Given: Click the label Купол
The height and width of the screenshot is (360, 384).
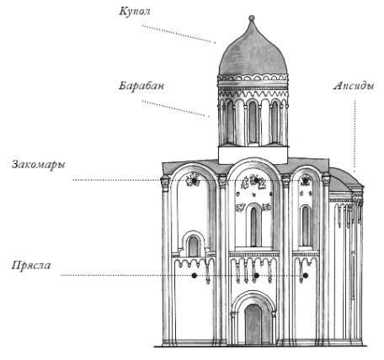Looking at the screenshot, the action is tap(135, 12).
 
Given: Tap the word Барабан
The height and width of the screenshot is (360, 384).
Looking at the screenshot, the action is tap(141, 86).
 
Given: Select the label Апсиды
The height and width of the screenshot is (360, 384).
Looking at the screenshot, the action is tap(354, 87).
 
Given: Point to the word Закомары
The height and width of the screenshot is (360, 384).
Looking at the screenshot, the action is tap(39, 165).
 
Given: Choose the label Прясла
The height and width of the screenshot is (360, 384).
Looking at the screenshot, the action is tap(31, 266).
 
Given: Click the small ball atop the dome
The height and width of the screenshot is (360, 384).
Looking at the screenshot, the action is tap(252, 18).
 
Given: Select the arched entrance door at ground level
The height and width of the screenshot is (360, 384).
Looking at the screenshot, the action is tap(253, 324).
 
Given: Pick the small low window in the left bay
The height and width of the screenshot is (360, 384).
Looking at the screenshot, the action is tap(193, 246).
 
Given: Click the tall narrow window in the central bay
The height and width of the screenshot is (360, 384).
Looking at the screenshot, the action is tap(253, 226).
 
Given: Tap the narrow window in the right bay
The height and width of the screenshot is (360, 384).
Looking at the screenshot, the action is tap(306, 226).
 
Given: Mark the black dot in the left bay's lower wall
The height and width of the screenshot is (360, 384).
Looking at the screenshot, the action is tap(194, 276).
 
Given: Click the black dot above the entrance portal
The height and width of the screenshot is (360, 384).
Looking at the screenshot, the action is tap(256, 276).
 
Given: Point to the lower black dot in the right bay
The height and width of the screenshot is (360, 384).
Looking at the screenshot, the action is tap(306, 276).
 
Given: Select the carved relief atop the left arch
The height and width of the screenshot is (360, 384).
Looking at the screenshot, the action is tap(194, 179).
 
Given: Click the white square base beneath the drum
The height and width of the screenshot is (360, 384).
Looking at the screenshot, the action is tap(253, 155).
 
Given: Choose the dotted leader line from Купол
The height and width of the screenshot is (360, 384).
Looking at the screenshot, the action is tap(179, 34).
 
